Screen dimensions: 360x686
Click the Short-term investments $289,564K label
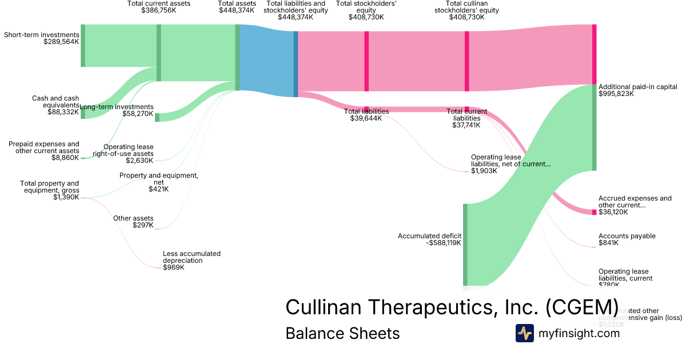[x=41, y=38]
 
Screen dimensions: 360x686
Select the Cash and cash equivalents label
[x=55, y=105]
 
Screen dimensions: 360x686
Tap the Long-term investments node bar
[x=157, y=117]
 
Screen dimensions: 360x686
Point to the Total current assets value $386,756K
[x=159, y=10]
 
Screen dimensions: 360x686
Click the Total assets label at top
[x=237, y=7]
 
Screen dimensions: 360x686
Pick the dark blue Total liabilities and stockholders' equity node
[x=296, y=63]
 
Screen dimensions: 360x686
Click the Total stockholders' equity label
[x=366, y=10]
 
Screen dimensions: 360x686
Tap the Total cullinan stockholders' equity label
[x=466, y=10]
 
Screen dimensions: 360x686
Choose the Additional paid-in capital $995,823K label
[x=637, y=90]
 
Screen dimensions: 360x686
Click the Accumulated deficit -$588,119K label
[x=429, y=239]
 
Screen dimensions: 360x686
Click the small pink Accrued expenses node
[x=594, y=212]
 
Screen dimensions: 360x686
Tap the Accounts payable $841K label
[x=627, y=239]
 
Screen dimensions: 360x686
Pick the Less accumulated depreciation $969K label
[x=192, y=260]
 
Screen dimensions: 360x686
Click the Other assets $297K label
[x=133, y=222]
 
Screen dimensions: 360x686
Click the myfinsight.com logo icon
[x=524, y=333]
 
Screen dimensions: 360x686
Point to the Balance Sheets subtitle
[x=342, y=334]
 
